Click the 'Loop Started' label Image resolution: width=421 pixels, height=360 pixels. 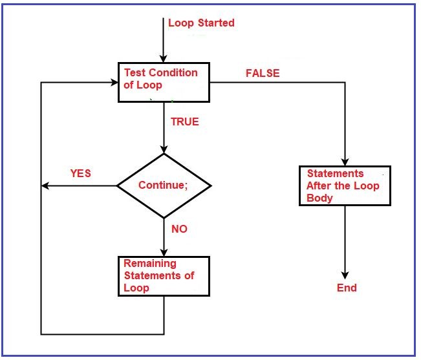(201, 23)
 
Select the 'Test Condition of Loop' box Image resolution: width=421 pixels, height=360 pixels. (164, 82)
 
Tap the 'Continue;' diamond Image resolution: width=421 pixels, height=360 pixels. (164, 185)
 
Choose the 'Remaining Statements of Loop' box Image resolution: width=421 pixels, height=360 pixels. (164, 276)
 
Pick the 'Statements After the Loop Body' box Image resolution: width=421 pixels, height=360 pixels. (345, 185)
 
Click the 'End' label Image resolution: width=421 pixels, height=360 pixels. (347, 288)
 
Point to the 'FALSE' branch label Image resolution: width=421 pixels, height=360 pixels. (263, 73)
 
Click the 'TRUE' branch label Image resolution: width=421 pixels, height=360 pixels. (184, 122)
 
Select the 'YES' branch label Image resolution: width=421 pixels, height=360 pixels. (80, 173)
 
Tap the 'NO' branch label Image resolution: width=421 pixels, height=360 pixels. (179, 229)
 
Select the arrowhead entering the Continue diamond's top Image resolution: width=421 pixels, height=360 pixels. (164, 149)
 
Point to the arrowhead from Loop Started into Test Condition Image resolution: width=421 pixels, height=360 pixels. (164, 58)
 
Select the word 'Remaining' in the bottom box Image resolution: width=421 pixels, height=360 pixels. (149, 264)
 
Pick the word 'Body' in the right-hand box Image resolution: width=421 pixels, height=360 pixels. (319, 198)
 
